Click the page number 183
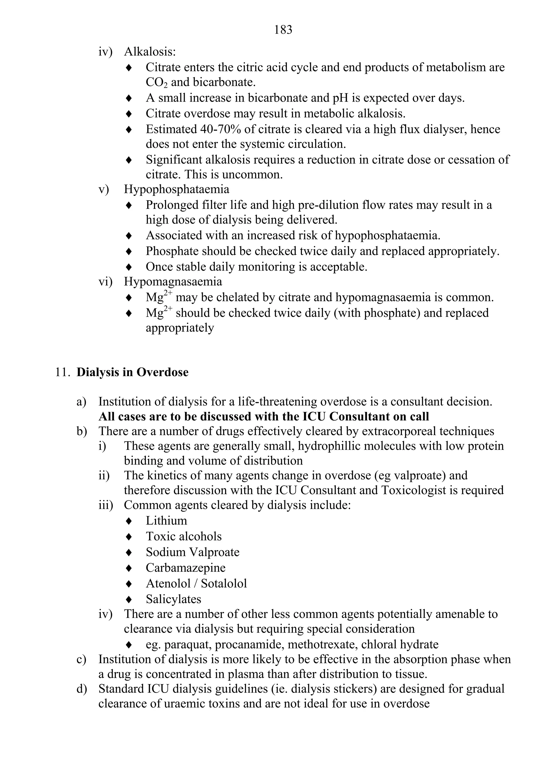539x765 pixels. point(283,30)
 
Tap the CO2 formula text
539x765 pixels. point(156,82)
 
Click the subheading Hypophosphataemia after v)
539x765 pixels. point(177,189)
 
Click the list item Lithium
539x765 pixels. point(166,520)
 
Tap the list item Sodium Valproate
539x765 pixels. point(193,552)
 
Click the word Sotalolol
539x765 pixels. point(224,583)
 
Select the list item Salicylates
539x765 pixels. point(173,599)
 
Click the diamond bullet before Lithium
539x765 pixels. point(129,521)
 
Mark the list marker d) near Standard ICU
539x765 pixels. point(81,688)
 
